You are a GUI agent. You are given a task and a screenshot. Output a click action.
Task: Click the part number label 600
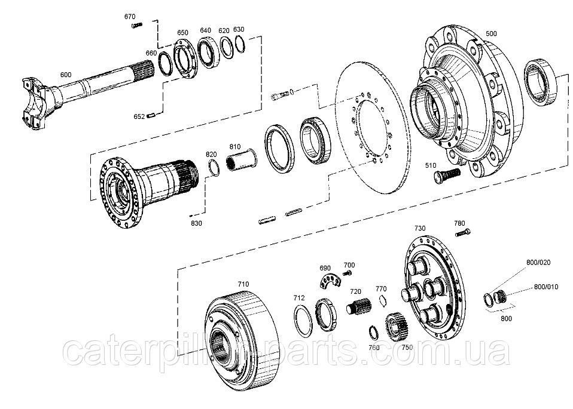[x=66, y=75]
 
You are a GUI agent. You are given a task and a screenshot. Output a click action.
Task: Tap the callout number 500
[x=491, y=33]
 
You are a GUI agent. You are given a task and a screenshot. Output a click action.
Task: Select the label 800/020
[x=538, y=262]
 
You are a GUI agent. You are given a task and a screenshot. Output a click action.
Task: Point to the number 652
[x=139, y=117]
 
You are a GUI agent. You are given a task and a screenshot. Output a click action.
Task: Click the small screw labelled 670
[x=137, y=25]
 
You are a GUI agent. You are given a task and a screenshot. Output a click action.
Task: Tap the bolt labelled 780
[x=463, y=232]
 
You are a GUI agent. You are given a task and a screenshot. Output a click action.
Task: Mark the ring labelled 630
[x=240, y=44]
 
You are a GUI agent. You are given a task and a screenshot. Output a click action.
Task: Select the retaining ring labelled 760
[x=373, y=333]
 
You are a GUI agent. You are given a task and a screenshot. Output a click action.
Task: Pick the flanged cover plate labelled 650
[x=185, y=58]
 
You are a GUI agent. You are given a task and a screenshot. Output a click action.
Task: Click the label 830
[x=196, y=223]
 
